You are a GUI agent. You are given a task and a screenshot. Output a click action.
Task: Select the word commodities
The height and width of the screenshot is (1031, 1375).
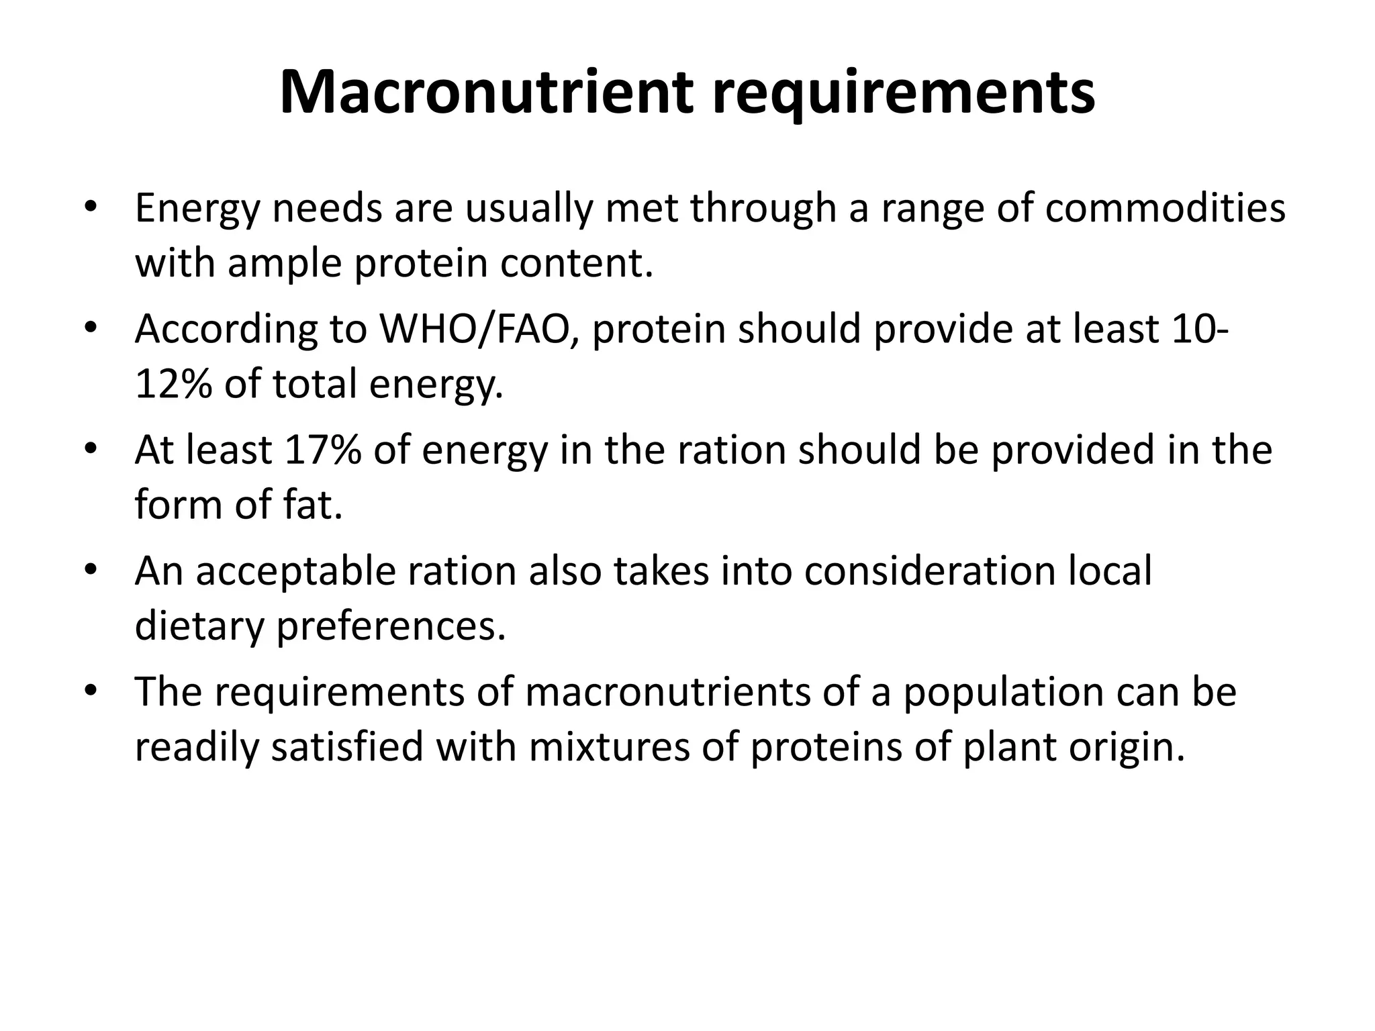pyautogui.click(x=1165, y=208)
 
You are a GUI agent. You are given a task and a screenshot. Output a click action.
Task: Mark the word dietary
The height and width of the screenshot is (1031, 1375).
pyautogui.click(x=199, y=626)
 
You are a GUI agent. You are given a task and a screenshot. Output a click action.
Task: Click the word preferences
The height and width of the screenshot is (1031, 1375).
pyautogui.click(x=391, y=626)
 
